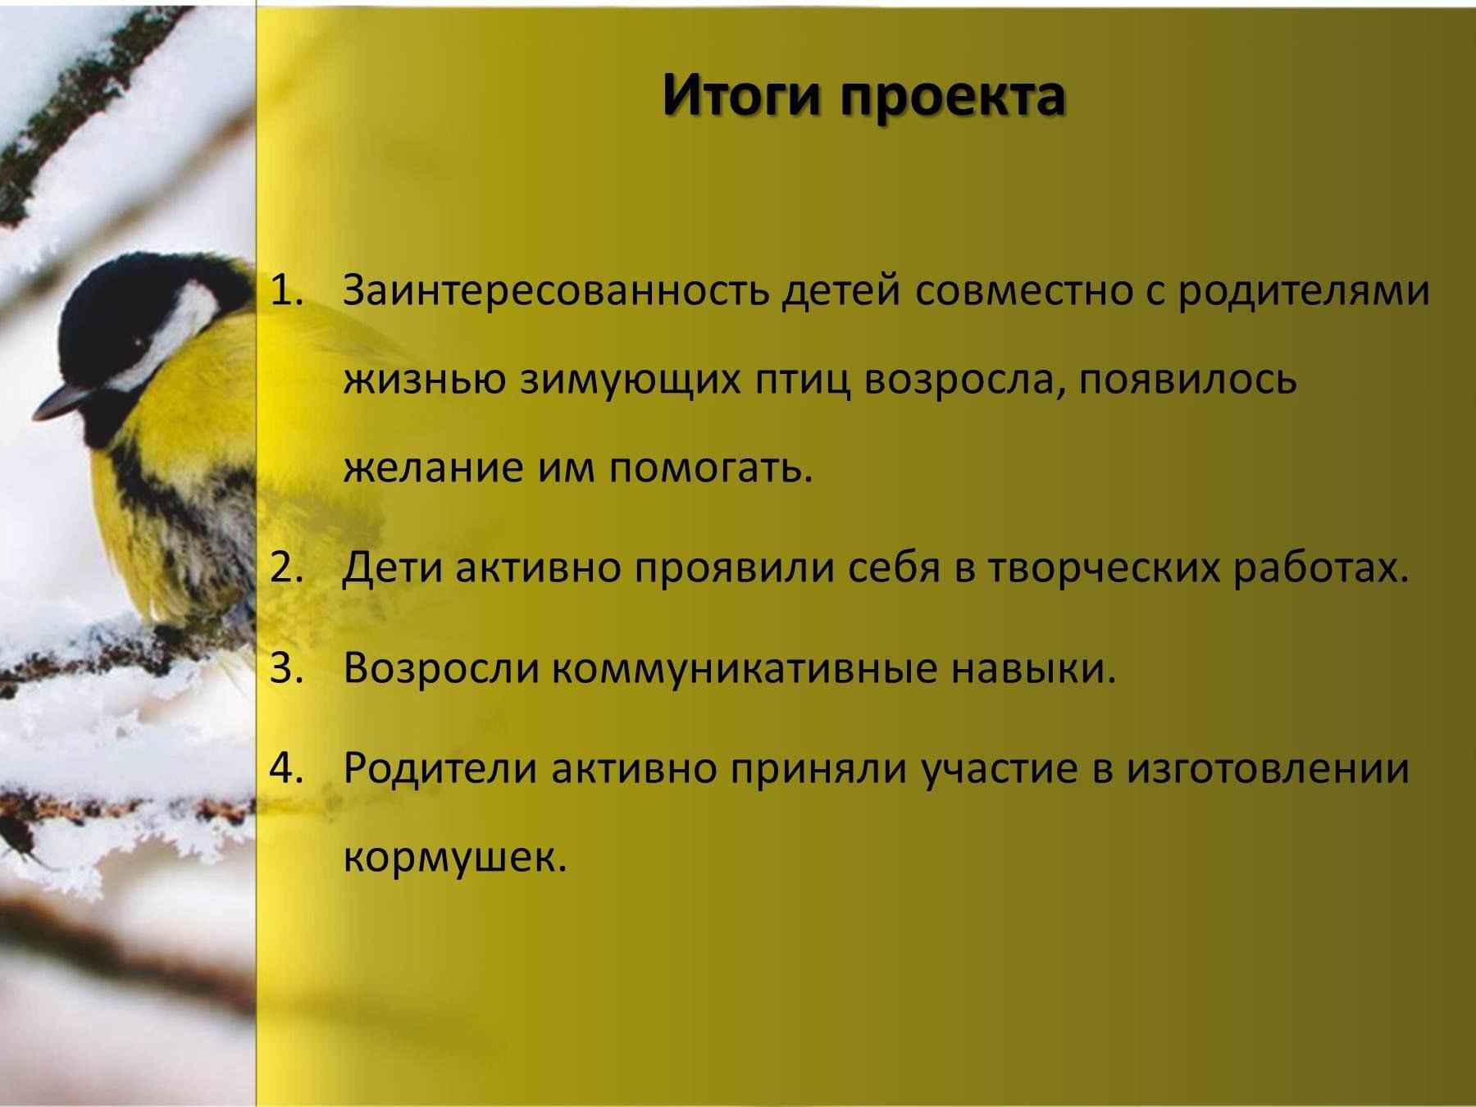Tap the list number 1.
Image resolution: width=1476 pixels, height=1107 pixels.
tap(285, 291)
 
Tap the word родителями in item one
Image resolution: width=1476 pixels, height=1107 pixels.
tap(1305, 294)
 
